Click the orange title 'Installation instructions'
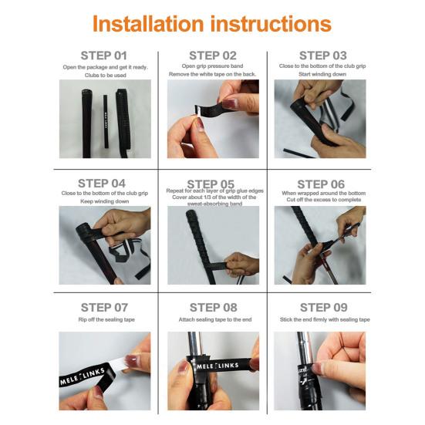[212, 23]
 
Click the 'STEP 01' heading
[104, 56]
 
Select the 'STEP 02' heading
[212, 56]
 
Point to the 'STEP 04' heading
[104, 183]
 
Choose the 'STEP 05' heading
[212, 183]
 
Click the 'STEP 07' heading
[104, 307]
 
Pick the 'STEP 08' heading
[212, 307]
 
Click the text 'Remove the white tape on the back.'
[212, 74]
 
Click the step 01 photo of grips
[104, 120]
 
